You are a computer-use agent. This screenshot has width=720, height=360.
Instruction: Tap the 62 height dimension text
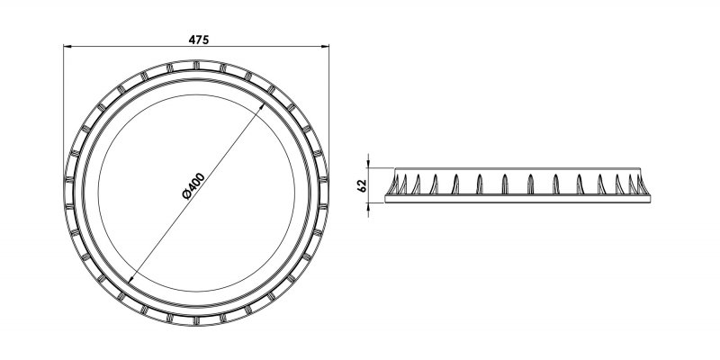pyautogui.click(x=362, y=186)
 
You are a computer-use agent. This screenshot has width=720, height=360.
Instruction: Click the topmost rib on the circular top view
pyautogui.click(x=195, y=65)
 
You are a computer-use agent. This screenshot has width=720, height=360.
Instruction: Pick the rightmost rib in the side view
pyautogui.click(x=640, y=184)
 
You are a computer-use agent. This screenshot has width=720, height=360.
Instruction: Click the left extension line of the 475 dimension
pyautogui.click(x=63, y=108)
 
